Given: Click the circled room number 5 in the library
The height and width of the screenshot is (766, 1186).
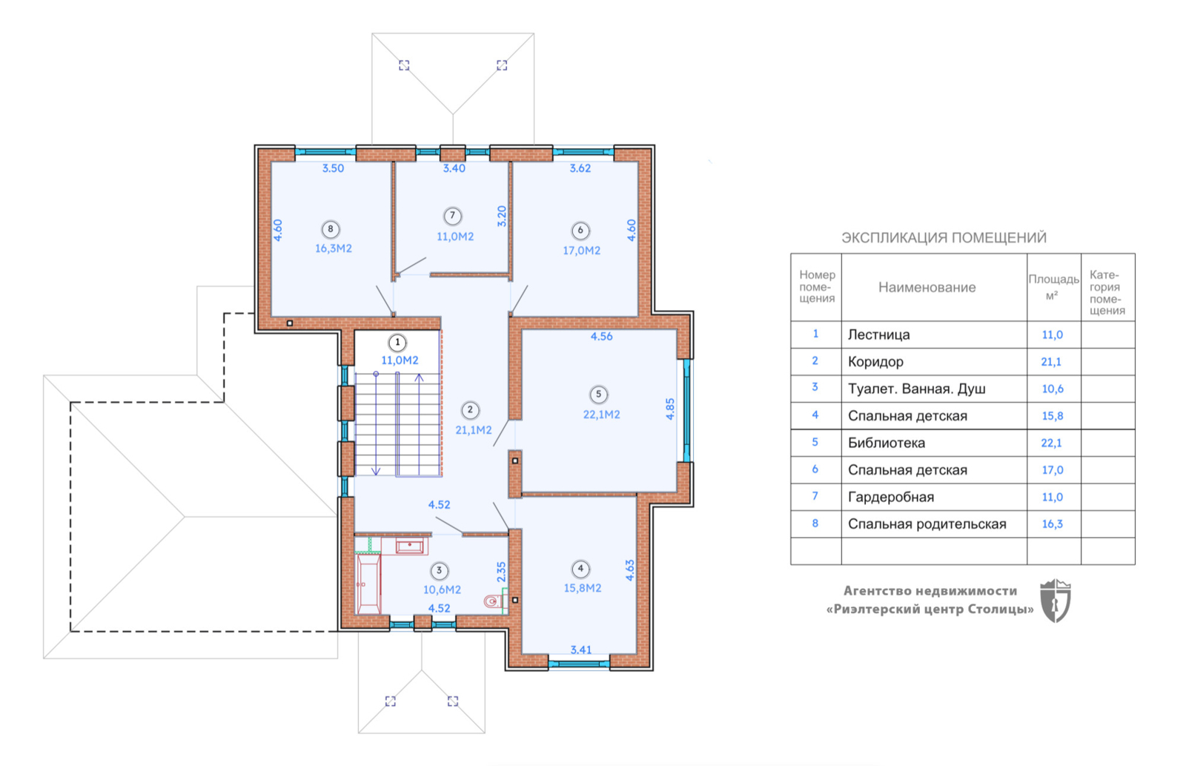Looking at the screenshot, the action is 598,394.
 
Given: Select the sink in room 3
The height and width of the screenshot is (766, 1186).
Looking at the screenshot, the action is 409,546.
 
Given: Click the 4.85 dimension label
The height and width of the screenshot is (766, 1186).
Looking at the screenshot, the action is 670,409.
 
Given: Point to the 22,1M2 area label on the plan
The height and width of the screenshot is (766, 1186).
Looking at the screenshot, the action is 601,415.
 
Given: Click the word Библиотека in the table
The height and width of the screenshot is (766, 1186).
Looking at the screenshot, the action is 887,443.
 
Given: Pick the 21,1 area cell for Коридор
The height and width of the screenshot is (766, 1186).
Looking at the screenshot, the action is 1051,362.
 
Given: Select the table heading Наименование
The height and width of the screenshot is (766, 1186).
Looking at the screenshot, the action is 927,287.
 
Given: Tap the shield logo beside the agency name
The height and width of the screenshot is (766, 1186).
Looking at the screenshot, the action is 1056,601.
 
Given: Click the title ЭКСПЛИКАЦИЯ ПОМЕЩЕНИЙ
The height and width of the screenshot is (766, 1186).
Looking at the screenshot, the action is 944,237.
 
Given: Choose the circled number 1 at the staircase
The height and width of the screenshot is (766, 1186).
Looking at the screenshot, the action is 397,343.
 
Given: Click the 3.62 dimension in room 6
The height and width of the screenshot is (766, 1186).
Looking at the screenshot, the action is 580,168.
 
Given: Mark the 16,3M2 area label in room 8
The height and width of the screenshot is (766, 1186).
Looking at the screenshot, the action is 333,248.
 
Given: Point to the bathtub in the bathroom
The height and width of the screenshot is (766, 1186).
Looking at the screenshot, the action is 368,584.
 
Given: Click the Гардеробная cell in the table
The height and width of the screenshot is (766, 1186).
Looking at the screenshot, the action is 890,497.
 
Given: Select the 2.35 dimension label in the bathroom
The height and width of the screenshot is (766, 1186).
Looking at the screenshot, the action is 501,572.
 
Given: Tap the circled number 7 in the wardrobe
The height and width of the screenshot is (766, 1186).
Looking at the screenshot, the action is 452,216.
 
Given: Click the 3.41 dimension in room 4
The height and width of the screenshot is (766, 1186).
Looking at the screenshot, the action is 581,650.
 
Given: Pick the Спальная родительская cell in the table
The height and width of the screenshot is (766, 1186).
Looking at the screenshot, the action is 927,524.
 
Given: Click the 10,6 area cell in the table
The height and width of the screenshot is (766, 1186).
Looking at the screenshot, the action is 1052,389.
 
